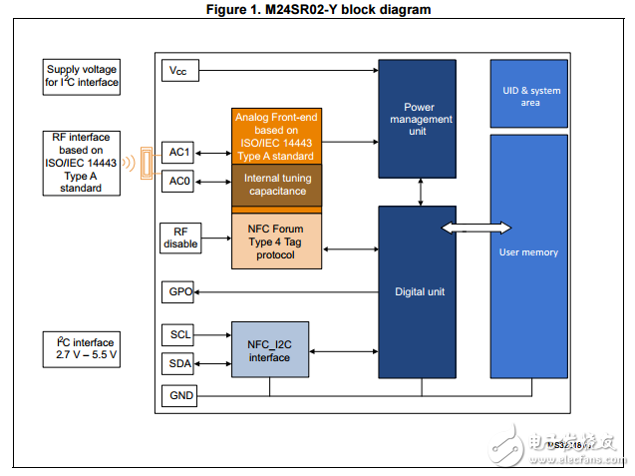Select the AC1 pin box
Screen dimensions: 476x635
coord(179,153)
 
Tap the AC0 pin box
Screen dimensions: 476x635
coord(179,182)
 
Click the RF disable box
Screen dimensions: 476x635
coord(179,238)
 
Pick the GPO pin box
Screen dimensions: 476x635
coord(179,292)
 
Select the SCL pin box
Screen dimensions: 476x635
coord(179,334)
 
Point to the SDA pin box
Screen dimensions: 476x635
coord(179,362)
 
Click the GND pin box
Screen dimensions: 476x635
coord(179,395)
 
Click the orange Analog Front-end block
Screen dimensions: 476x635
coord(275,136)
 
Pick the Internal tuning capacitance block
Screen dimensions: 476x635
coord(275,185)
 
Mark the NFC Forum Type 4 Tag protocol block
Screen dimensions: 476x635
coord(275,240)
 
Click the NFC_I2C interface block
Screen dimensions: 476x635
coord(269,350)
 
